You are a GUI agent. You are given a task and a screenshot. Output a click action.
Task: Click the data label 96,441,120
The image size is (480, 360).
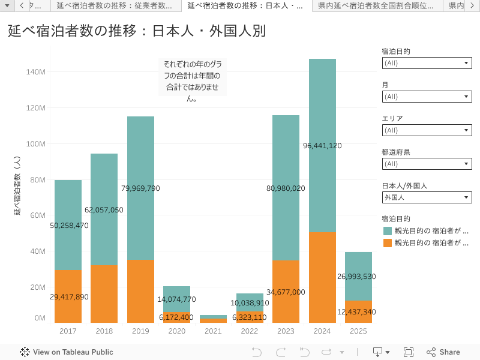(x=322, y=146)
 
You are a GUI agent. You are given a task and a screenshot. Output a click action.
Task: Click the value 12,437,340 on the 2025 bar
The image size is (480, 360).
(x=356, y=312)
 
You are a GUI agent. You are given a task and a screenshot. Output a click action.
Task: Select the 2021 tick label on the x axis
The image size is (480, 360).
(x=213, y=331)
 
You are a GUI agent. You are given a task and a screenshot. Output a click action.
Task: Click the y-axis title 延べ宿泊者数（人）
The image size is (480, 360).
(x=17, y=186)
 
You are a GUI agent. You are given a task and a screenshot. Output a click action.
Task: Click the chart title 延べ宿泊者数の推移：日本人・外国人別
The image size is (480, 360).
(x=137, y=31)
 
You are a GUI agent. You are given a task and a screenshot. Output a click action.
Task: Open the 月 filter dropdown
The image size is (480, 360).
(x=427, y=97)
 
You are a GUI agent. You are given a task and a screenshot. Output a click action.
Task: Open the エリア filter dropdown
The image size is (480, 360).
(x=427, y=130)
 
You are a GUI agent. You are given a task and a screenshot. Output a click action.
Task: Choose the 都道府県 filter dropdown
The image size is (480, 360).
(x=427, y=164)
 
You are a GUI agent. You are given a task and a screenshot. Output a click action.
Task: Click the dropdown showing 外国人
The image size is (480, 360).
(x=427, y=197)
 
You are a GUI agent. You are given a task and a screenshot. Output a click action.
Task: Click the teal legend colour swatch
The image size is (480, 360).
(x=388, y=231)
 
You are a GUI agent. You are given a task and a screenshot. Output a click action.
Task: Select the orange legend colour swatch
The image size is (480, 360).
(x=388, y=243)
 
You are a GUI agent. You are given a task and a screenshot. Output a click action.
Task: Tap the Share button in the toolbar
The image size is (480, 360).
(x=443, y=352)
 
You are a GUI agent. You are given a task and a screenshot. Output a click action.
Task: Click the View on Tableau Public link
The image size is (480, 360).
(x=67, y=352)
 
